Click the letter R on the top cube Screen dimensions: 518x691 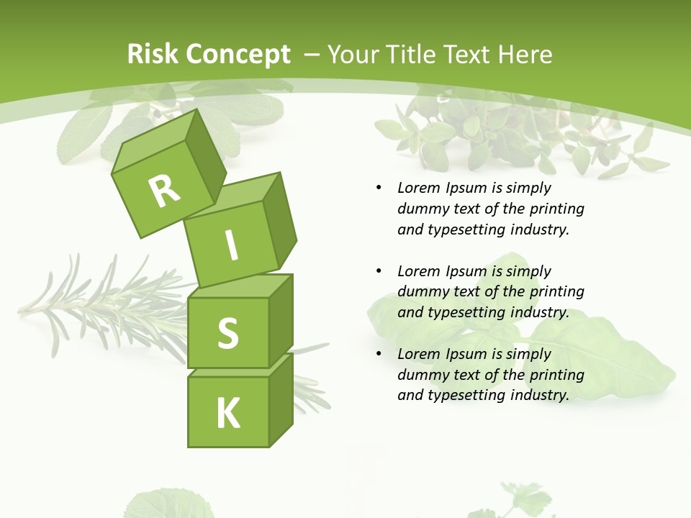[x=165, y=190]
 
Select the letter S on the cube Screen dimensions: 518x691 [x=227, y=333]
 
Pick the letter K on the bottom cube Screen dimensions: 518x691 [x=228, y=414]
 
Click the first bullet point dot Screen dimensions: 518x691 [x=379, y=188]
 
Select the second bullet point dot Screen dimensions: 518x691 [x=379, y=271]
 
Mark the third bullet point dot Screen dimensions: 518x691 [x=379, y=354]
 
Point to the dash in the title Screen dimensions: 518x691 [x=312, y=55]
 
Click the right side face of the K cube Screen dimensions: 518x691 [x=281, y=401]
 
